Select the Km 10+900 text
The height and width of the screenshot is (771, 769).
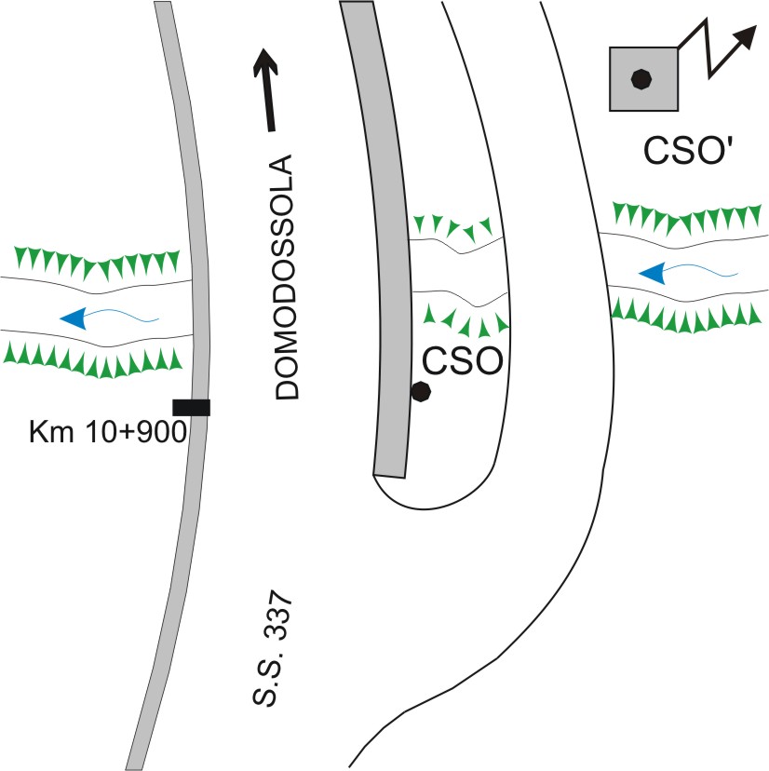point(108,433)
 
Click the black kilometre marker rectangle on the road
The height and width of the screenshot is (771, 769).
point(191,408)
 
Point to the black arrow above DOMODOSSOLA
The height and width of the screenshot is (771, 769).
point(266,89)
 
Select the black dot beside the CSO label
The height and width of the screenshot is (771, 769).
point(421,392)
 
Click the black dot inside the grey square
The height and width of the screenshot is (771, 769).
point(641,79)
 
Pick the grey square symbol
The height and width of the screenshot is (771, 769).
point(643,79)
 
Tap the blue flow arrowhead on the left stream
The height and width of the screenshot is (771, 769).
point(74,318)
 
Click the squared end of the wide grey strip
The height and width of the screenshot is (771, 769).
point(389,476)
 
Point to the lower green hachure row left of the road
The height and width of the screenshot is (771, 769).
point(93,360)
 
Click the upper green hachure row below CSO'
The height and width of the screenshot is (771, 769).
point(686,217)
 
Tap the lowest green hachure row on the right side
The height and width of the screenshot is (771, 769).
point(685,317)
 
